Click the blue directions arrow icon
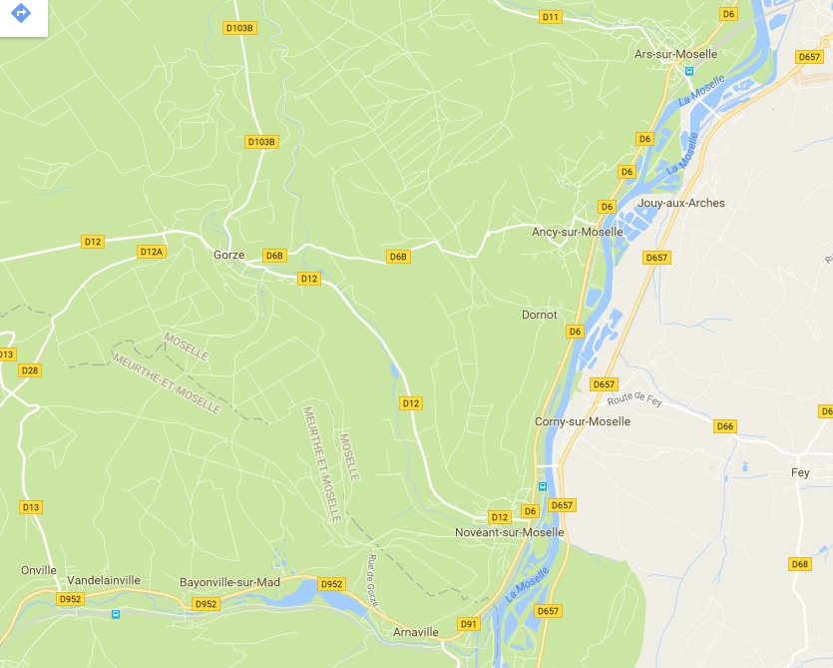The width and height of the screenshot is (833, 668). point(21,15)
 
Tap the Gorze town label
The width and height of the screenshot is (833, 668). point(228,255)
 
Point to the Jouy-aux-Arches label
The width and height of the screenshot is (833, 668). point(680,203)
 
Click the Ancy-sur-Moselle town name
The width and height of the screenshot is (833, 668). point(577,232)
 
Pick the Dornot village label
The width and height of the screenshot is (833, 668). point(539,315)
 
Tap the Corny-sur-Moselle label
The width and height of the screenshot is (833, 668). point(583,421)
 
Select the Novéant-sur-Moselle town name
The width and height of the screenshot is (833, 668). point(509,532)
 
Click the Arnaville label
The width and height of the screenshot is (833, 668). point(417,632)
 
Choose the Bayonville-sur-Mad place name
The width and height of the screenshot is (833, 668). point(229,582)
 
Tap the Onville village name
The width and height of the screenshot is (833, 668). point(39,570)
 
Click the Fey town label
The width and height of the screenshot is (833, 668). point(800,472)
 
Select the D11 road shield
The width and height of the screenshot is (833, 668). point(550,17)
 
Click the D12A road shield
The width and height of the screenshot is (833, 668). point(152,252)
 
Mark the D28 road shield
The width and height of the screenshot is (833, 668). point(30,370)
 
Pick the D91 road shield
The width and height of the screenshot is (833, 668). point(469,623)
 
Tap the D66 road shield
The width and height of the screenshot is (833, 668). point(724,426)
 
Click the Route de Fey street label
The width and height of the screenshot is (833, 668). point(634,401)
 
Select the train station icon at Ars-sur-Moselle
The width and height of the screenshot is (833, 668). point(687,71)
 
